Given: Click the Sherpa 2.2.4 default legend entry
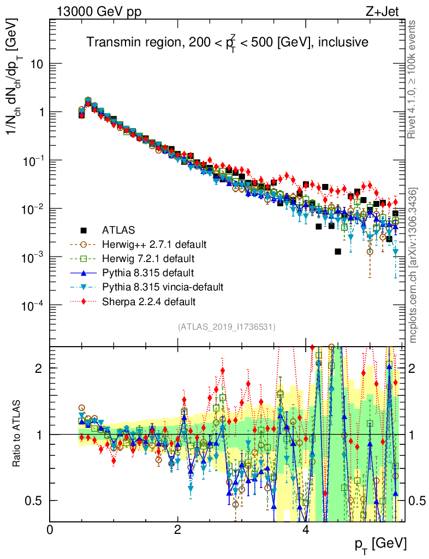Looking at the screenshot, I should tap(148, 301).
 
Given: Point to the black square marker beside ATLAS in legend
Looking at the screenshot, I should tap(84, 230).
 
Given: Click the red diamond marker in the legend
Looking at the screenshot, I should tap(84, 301).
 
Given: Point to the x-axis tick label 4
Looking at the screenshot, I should tap(306, 530).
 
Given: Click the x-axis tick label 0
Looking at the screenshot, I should tap(50, 530).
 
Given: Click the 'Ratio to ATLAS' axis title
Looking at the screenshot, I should tap(18, 435).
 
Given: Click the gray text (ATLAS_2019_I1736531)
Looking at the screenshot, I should tap(227, 327).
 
